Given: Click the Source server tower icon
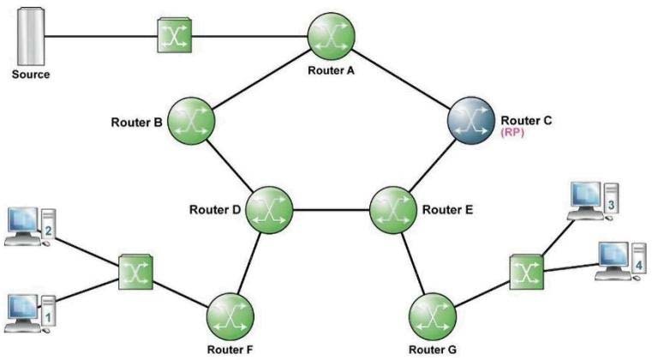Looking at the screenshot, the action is (x=31, y=37).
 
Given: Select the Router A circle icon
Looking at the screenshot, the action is (x=331, y=36).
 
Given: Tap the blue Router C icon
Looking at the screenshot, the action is (x=470, y=121).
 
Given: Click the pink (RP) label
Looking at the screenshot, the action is (x=512, y=133).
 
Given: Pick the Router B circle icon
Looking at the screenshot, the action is (x=191, y=121).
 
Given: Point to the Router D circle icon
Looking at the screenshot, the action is (x=269, y=210).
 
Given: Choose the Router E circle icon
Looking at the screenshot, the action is (x=393, y=210).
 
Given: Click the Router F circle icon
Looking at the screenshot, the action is (x=230, y=317).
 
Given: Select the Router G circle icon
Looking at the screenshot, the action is (x=433, y=317).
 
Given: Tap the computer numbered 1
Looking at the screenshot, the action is (x=30, y=314).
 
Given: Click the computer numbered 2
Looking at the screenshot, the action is (x=30, y=227).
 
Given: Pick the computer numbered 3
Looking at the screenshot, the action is (x=593, y=201).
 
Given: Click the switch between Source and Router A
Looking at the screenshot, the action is (x=175, y=35).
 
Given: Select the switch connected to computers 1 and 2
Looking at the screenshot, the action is (x=135, y=273).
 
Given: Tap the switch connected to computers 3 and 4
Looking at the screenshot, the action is (x=527, y=273).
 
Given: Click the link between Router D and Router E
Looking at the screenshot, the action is (x=332, y=210).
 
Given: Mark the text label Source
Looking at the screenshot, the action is (x=31, y=75).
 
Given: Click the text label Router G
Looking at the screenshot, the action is (x=433, y=350).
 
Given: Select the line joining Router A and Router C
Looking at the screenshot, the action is (x=401, y=79).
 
